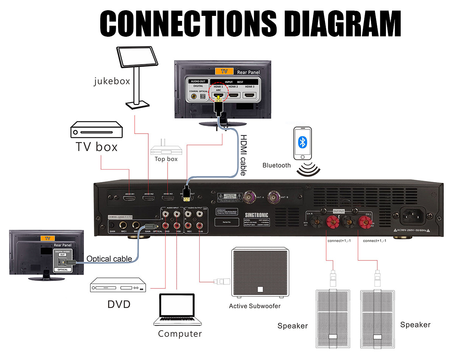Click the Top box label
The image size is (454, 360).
[166, 159]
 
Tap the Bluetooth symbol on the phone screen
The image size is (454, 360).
[303, 142]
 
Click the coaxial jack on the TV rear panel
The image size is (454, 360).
[194, 97]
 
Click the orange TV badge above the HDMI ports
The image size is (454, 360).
[224, 71]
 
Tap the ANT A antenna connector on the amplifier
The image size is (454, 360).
[250, 196]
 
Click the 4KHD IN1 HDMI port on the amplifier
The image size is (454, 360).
[130, 198]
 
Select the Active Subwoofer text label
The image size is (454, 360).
[255, 306]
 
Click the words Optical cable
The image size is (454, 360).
[109, 259]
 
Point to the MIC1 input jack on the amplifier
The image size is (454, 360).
[123, 224]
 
